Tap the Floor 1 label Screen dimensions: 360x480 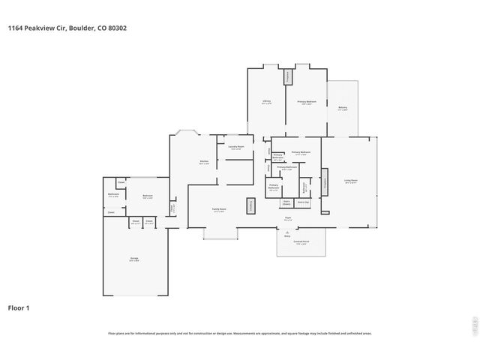pos(19,307)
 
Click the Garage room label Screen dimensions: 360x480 pos(134,259)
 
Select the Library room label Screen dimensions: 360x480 pos(266,101)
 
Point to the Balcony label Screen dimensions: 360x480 pos(342,108)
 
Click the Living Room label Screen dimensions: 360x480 pos(350,181)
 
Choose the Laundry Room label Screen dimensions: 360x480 pos(236,147)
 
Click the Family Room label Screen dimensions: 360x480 pos(219,211)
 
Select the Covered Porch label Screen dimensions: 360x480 pos(301,243)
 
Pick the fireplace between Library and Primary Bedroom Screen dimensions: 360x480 pos(286,76)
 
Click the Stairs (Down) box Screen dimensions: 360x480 pos(286,202)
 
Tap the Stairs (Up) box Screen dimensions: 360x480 pos(303,202)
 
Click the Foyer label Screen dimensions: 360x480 pos(287,219)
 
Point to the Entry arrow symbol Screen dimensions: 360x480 pos(287,232)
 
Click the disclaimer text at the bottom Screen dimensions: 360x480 pos(240,333)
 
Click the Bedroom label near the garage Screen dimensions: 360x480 pos(148,197)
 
